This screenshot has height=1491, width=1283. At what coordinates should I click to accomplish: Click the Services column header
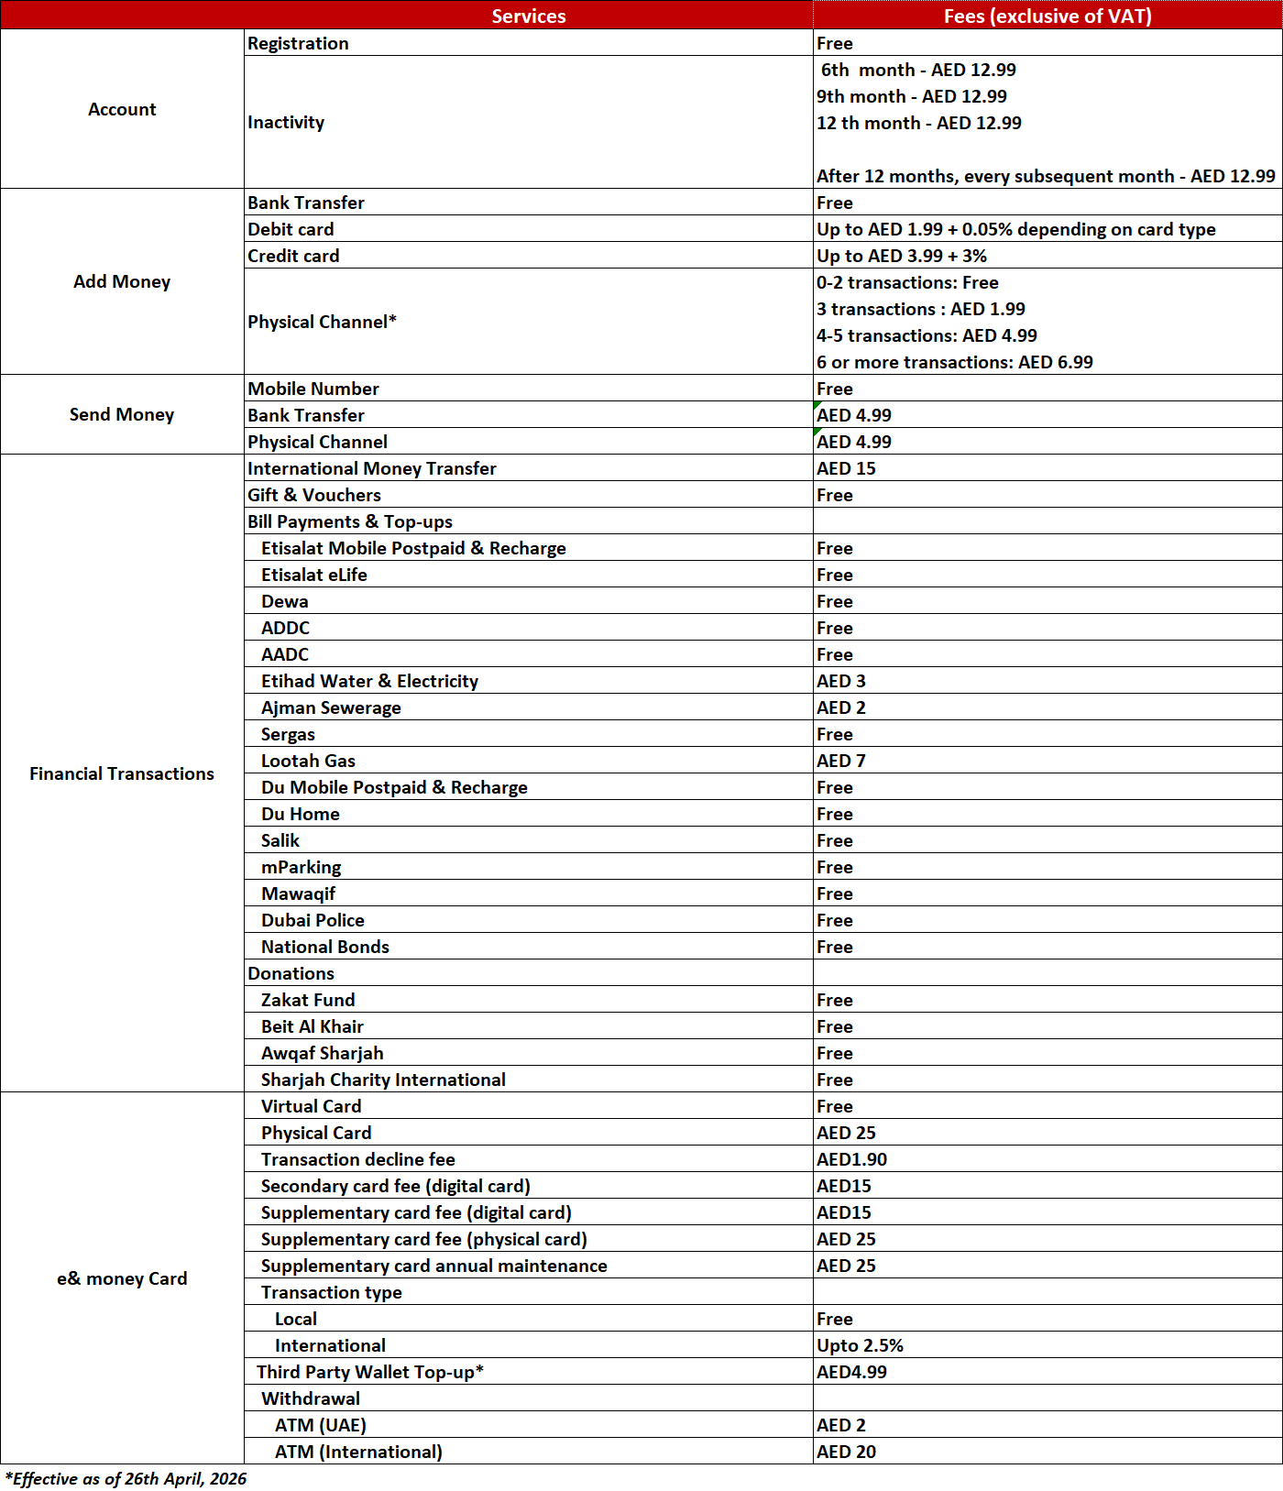(528, 16)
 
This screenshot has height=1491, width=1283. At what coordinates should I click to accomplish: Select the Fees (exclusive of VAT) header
(1047, 16)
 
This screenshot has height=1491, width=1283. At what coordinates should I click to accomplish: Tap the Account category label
(122, 109)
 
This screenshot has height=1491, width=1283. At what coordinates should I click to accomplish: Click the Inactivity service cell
(286, 122)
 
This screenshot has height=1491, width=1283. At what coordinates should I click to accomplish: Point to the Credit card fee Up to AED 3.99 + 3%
(902, 256)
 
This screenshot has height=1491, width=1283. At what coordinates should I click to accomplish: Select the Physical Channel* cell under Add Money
(322, 322)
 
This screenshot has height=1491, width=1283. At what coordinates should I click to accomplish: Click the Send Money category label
(122, 414)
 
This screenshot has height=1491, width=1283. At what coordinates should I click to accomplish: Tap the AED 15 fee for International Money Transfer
(846, 468)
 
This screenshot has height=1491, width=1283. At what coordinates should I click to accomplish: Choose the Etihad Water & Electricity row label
(369, 681)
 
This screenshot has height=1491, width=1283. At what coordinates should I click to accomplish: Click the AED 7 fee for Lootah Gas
(841, 761)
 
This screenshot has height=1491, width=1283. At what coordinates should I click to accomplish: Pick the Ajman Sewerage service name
(331, 707)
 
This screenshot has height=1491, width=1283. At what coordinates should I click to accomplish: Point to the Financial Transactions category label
(122, 773)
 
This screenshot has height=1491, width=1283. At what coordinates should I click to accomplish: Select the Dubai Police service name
(313, 920)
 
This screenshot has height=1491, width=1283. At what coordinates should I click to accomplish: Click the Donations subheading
(291, 973)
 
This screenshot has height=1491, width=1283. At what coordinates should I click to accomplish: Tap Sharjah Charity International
(383, 1080)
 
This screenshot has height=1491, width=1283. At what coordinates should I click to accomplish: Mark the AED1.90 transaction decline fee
(851, 1159)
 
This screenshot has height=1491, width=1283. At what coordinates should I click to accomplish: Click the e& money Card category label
(122, 1278)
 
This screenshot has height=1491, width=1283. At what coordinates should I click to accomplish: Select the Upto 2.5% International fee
(860, 1345)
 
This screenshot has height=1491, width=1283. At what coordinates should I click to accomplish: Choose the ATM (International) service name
(358, 1452)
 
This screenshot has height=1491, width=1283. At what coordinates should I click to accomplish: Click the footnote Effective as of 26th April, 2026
(126, 1478)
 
